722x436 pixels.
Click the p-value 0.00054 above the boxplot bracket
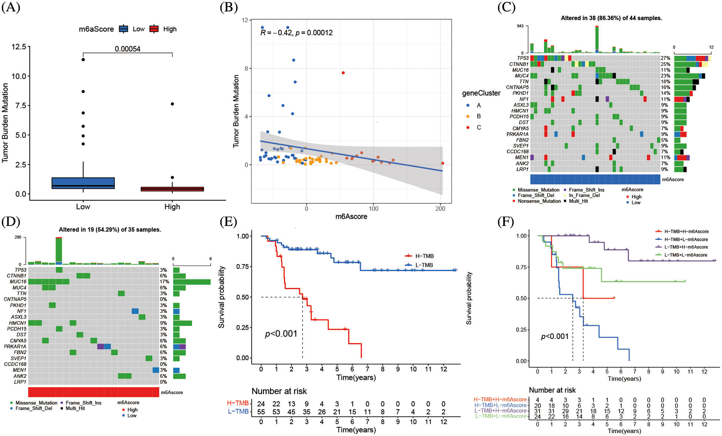127,49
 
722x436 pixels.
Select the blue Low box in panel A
83,183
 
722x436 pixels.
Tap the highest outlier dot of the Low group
83,60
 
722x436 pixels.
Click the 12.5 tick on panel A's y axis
19,47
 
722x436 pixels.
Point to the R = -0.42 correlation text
296,33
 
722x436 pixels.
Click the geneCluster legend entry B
478,116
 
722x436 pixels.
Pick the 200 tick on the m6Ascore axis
440,209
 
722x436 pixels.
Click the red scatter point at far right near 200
442,163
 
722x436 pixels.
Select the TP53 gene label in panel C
522,58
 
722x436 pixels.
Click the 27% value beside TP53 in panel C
665,58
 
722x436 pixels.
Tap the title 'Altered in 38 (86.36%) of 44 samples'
611,18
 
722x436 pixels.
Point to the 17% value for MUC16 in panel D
164,282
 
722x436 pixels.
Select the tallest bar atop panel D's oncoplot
59,251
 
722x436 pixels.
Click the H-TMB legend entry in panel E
424,256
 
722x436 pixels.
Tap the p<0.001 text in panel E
281,334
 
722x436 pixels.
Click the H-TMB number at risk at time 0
261,404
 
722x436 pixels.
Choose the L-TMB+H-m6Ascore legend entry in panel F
686,247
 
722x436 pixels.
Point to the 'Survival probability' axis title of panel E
221,297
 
